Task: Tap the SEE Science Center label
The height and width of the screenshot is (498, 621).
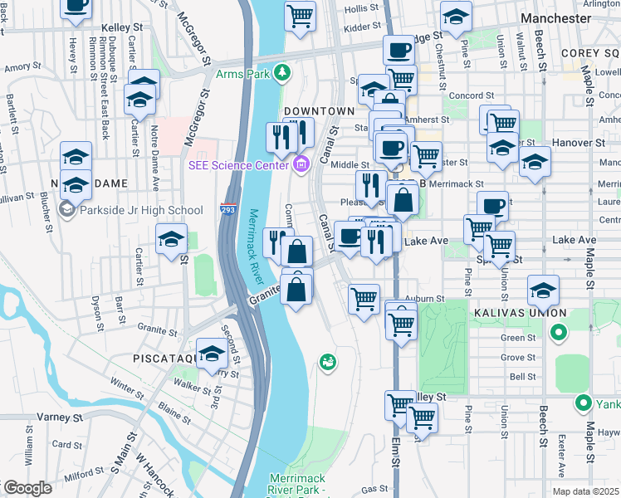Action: click(x=237, y=165)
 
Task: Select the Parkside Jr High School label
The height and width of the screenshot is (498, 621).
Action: click(x=140, y=210)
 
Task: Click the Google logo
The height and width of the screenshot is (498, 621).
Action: click(x=27, y=488)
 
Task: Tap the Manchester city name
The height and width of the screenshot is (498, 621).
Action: click(x=555, y=17)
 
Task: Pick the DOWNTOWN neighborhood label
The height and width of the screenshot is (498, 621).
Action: click(x=319, y=110)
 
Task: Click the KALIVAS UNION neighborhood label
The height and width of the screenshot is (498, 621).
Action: click(x=520, y=313)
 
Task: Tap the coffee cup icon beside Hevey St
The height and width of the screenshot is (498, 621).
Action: click(x=76, y=5)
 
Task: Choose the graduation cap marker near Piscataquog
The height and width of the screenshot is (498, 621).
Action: click(x=213, y=354)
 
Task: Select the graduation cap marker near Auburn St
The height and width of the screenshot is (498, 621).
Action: click(x=544, y=290)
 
